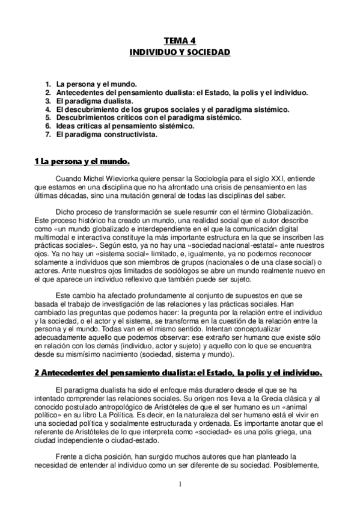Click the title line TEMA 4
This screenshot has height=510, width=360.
[180, 41]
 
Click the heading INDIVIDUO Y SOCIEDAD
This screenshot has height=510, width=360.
[180, 53]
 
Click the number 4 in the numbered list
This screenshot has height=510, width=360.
[47, 110]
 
